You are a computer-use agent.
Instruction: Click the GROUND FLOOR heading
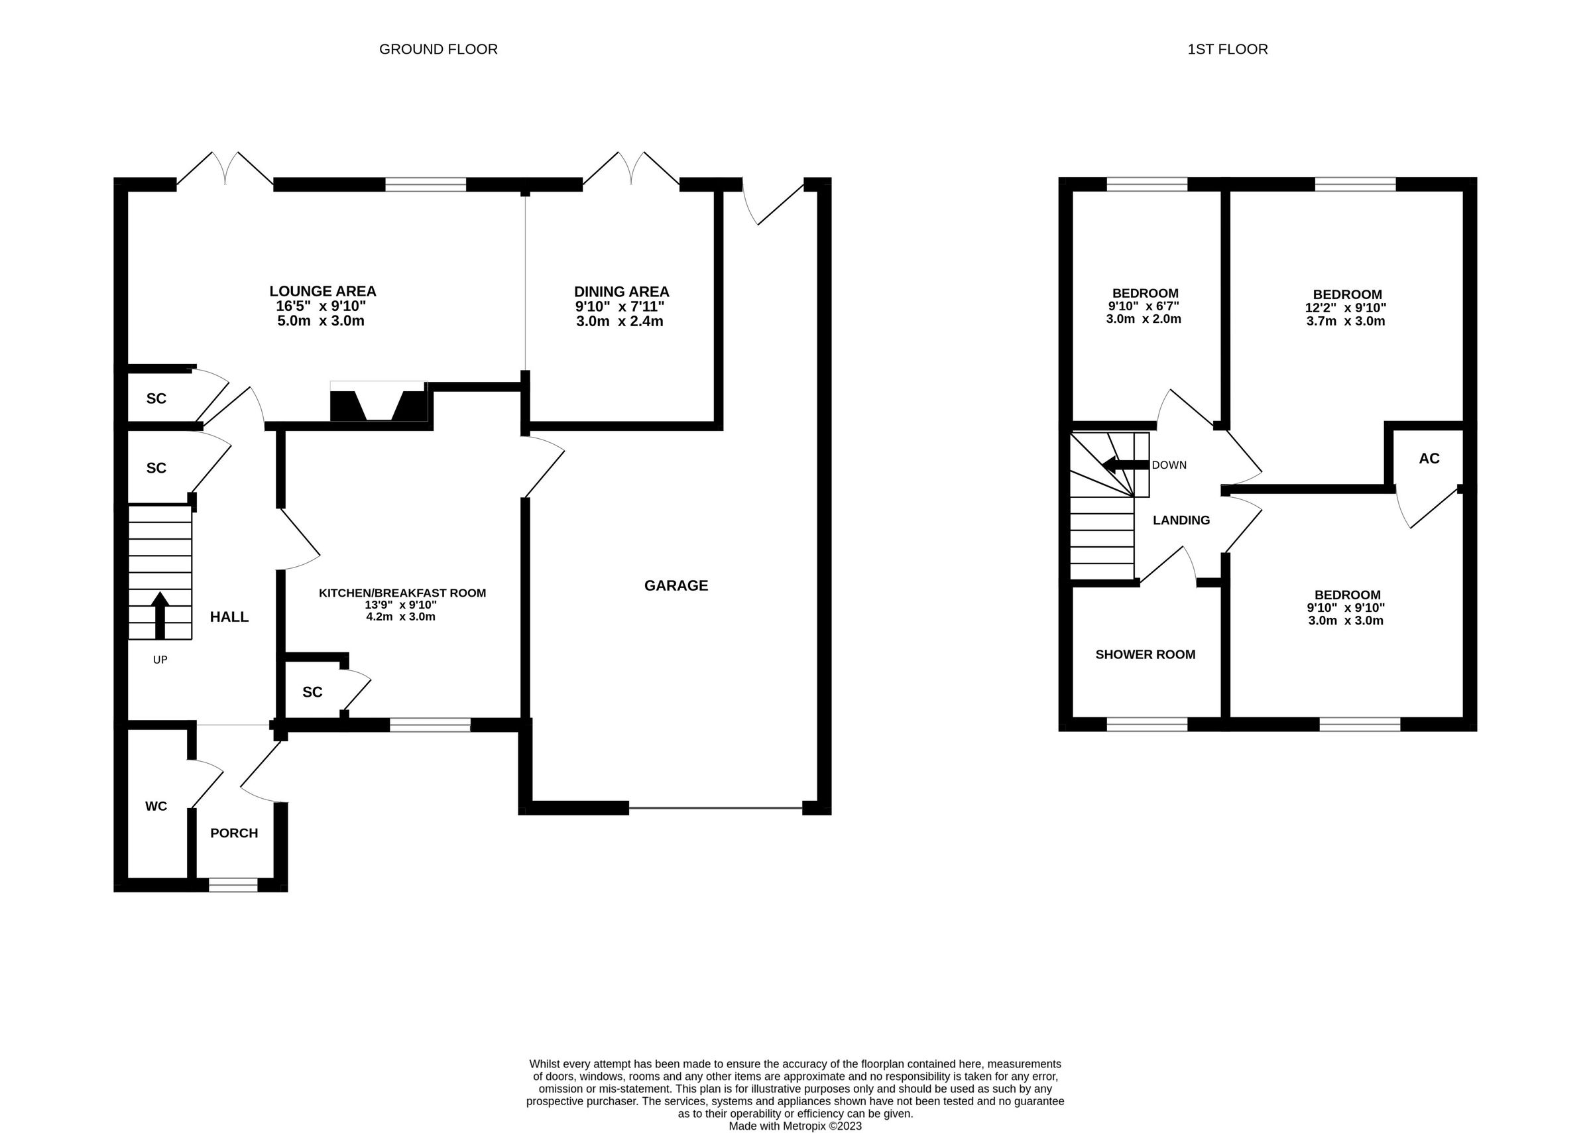438,50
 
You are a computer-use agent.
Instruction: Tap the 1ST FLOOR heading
1227,50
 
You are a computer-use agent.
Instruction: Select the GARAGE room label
676,586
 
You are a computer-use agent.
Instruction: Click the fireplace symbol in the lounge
378,402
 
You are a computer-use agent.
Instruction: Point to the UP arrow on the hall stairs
160,614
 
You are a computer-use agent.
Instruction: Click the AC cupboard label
1429,458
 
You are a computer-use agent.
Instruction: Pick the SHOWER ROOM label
1145,654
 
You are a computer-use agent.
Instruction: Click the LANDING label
1181,520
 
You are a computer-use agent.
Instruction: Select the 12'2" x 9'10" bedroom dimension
1346,308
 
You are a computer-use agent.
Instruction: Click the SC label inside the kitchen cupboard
312,692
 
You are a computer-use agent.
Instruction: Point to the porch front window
233,884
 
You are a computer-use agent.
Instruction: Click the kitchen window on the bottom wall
430,725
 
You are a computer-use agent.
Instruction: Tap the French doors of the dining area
630,170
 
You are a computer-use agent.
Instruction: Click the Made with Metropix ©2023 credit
794,1125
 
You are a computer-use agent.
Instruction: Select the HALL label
229,617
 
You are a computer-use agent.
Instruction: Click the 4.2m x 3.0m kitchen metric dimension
400,617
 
